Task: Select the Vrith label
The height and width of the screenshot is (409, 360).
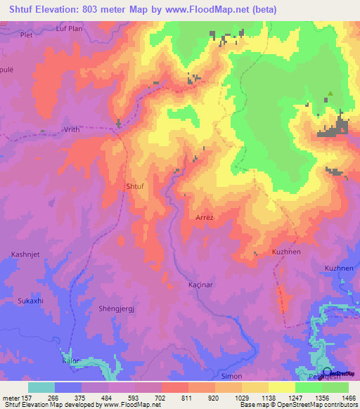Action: click(72, 130)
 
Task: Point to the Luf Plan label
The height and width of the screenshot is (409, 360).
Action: click(70, 29)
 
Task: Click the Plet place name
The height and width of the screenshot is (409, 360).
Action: click(27, 34)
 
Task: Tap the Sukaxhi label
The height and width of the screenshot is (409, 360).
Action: click(30, 301)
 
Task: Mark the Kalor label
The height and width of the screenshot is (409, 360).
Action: click(71, 361)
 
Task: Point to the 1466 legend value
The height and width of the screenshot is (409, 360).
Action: click(348, 397)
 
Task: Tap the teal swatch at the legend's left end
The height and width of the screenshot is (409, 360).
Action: click(41, 387)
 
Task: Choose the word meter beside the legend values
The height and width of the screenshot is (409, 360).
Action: click(11, 397)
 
